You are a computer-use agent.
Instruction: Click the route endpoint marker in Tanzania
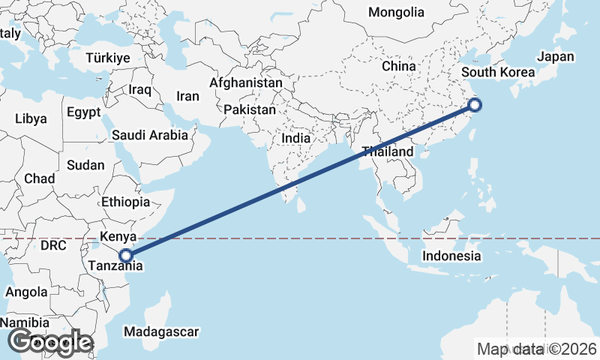pos(126,255)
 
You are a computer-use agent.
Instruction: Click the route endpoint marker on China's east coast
pos(473,104)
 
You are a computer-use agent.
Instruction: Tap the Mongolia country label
pos(396,12)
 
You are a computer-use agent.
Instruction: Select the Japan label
pos(555,56)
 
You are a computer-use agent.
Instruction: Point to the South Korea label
pos(498,73)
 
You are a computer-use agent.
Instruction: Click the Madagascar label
pos(161,331)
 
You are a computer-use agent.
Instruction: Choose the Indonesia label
pos(451,256)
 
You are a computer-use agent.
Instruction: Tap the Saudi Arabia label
pos(150,136)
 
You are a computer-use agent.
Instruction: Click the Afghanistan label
pos(246,82)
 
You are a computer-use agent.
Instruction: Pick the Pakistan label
pos(250,109)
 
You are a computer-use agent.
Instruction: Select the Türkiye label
pos(108,58)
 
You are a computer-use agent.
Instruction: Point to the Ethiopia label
pos(126,202)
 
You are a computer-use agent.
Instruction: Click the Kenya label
pos(117,237)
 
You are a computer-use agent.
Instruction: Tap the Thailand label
pos(387,151)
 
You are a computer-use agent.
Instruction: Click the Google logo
pos(49,342)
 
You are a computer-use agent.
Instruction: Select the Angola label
pos(27,292)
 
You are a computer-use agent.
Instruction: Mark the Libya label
pos(31,118)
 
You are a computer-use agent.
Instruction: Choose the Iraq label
pos(140,89)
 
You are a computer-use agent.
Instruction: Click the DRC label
pos(53,245)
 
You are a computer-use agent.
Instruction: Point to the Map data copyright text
pos(536,348)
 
